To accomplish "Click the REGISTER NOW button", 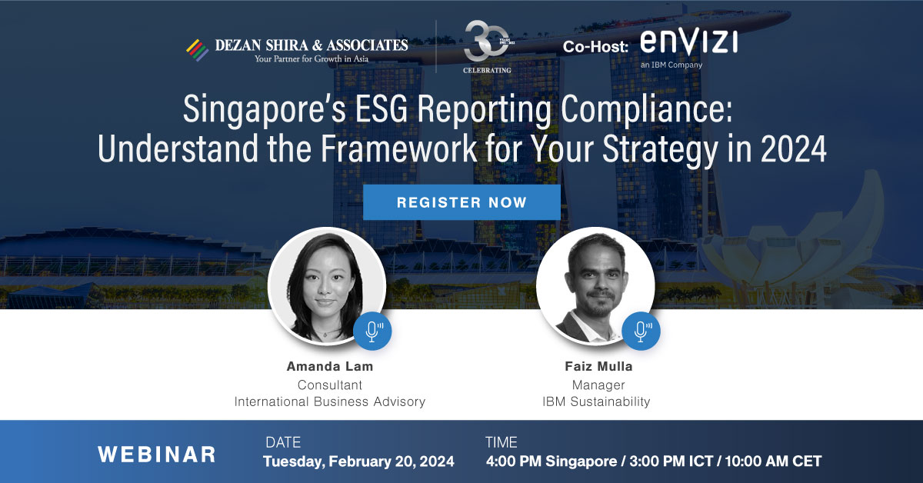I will tap(461, 203).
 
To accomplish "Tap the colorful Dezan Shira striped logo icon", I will tap(198, 49).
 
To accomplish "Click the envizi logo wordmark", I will tap(688, 42).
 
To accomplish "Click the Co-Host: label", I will tap(595, 47).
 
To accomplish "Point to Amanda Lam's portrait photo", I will tap(326, 285).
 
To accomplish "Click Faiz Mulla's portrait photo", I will tap(595, 285).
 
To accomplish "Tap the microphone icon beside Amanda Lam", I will tap(373, 331).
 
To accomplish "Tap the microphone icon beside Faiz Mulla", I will tap(641, 331).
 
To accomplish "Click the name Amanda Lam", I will tap(329, 366).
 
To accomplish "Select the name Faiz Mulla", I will tap(599, 366).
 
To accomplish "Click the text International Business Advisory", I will tap(329, 401).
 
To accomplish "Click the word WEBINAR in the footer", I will tap(156, 454).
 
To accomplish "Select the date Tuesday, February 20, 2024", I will tap(358, 461).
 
